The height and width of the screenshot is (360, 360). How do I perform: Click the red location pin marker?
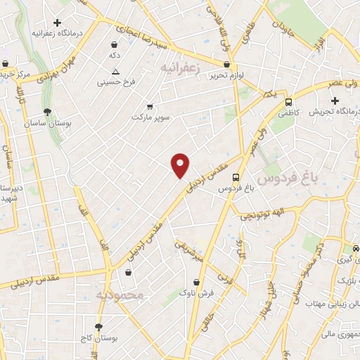[181, 165]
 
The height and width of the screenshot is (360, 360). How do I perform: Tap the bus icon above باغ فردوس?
[236, 177]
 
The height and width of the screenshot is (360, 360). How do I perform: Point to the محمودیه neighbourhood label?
[121, 295]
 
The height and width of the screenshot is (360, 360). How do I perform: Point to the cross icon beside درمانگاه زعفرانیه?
[57, 22]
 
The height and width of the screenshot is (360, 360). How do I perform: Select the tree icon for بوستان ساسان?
[47, 112]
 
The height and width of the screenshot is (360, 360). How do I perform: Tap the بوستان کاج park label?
[98, 339]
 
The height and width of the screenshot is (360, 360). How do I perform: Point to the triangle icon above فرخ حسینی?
[116, 72]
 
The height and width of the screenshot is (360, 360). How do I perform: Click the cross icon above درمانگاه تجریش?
[335, 101]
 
